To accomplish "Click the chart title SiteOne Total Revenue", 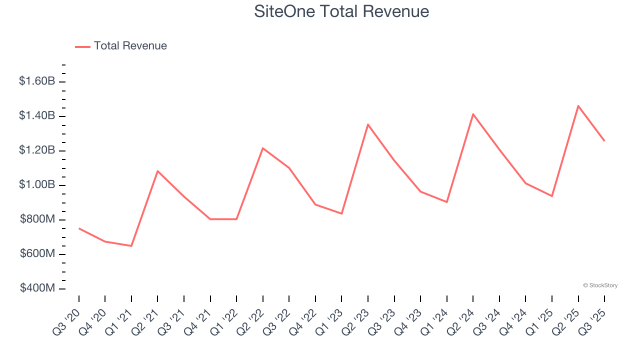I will pyautogui.click(x=341, y=11).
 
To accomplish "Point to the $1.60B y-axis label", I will pyautogui.click(x=37, y=81).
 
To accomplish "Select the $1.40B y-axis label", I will pyautogui.click(x=37, y=115).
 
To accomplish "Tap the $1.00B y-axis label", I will pyautogui.click(x=37, y=185).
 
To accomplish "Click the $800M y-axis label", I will pyautogui.click(x=37, y=219).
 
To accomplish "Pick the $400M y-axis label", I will pyautogui.click(x=37, y=288).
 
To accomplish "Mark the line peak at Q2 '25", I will pyautogui.click(x=578, y=106).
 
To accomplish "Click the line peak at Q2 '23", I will pyautogui.click(x=368, y=124).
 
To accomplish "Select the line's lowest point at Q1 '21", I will pyautogui.click(x=131, y=246).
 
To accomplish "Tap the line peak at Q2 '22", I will pyautogui.click(x=262, y=148).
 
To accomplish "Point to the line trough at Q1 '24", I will pyautogui.click(x=446, y=202).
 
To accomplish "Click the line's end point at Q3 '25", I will pyautogui.click(x=604, y=141).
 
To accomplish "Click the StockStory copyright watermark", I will pyautogui.click(x=600, y=285).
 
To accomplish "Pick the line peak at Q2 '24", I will pyautogui.click(x=473, y=114).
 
